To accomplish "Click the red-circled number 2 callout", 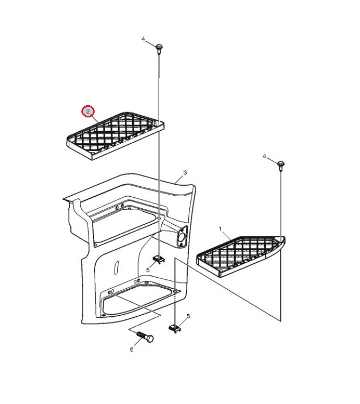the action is [88, 112].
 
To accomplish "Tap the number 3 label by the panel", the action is [185, 172].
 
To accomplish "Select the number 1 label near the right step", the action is [220, 229].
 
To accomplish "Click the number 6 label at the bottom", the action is [132, 350].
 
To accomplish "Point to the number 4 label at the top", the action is [143, 39].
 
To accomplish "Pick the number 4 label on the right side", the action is [264, 157].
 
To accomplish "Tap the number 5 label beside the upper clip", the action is [148, 270].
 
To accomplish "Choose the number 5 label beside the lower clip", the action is [188, 316].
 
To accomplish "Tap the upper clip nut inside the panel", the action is [159, 259].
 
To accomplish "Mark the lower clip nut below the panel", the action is [175, 328].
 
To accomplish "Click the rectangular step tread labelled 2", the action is [115, 136].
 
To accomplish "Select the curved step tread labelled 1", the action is [241, 256].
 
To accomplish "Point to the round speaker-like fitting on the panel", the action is [182, 237].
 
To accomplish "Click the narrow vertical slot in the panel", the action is [116, 267].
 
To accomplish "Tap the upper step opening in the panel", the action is [126, 226].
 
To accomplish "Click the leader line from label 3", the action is [179, 179].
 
